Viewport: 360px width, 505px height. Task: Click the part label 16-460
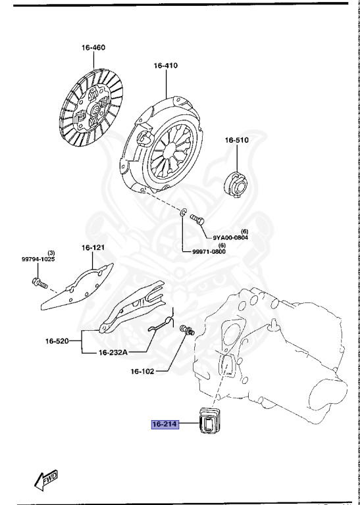pyautogui.click(x=94, y=48)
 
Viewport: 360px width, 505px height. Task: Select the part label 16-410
pyautogui.click(x=167, y=66)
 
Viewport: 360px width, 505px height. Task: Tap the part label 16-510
pyautogui.click(x=237, y=140)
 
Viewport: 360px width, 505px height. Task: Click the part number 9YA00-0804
pyautogui.click(x=230, y=238)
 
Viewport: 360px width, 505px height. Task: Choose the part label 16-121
pyautogui.click(x=93, y=248)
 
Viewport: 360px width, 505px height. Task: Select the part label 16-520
pyautogui.click(x=58, y=342)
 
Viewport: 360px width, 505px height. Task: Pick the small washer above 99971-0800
pyautogui.click(x=182, y=213)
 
